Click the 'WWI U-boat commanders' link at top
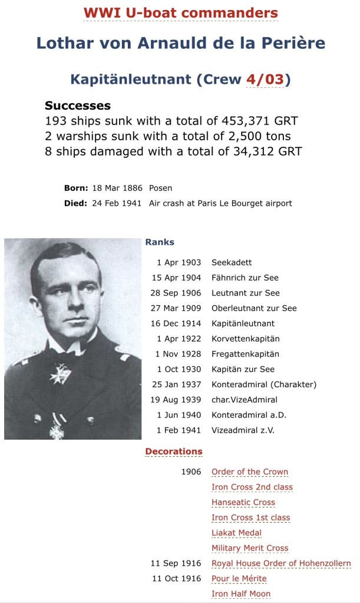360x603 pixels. point(180,12)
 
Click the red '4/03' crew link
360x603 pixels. point(265,80)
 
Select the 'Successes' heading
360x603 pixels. point(78,106)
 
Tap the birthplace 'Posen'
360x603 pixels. point(160,188)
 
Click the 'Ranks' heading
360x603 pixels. point(160,242)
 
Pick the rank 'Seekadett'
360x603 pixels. point(232,262)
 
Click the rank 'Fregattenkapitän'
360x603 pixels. point(245,354)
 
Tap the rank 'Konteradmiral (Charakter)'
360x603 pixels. point(264,385)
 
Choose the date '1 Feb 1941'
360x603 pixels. point(179,430)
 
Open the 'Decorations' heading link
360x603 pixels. point(174,452)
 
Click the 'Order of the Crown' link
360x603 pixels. point(250,472)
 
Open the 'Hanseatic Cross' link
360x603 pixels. point(243,502)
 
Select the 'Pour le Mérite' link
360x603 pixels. point(239,579)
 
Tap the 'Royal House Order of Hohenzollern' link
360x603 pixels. point(281,564)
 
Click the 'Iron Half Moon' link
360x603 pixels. point(241,594)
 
